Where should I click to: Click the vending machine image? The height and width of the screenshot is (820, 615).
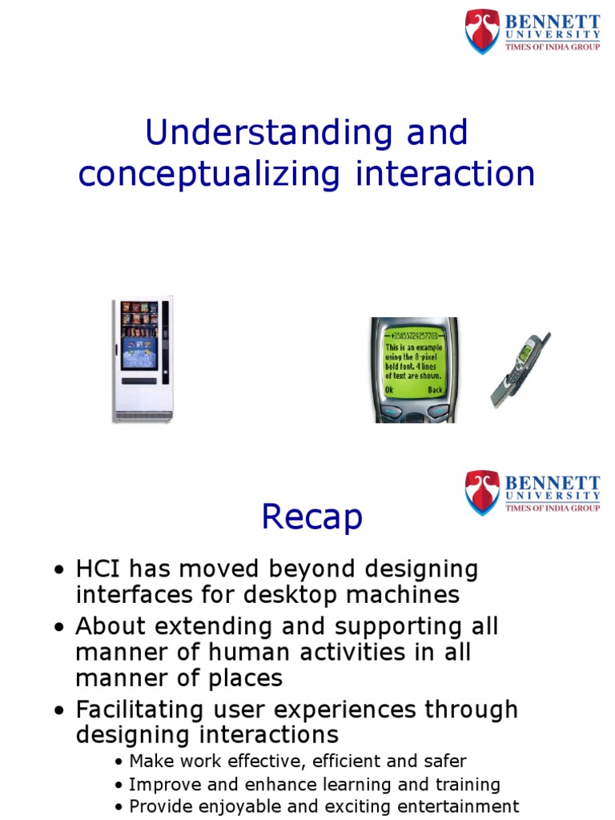tap(142, 359)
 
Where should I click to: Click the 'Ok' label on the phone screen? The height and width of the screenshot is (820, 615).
tap(389, 390)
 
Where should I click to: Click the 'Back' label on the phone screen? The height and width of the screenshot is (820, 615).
tap(434, 390)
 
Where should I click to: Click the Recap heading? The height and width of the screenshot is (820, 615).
tap(312, 518)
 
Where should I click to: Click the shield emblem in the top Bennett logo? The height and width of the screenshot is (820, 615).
tap(483, 31)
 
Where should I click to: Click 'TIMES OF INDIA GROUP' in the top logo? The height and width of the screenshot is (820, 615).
tap(552, 46)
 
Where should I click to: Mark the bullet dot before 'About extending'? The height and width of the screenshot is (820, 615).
tap(59, 628)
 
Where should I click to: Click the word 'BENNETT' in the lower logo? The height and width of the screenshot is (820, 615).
tap(552, 483)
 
